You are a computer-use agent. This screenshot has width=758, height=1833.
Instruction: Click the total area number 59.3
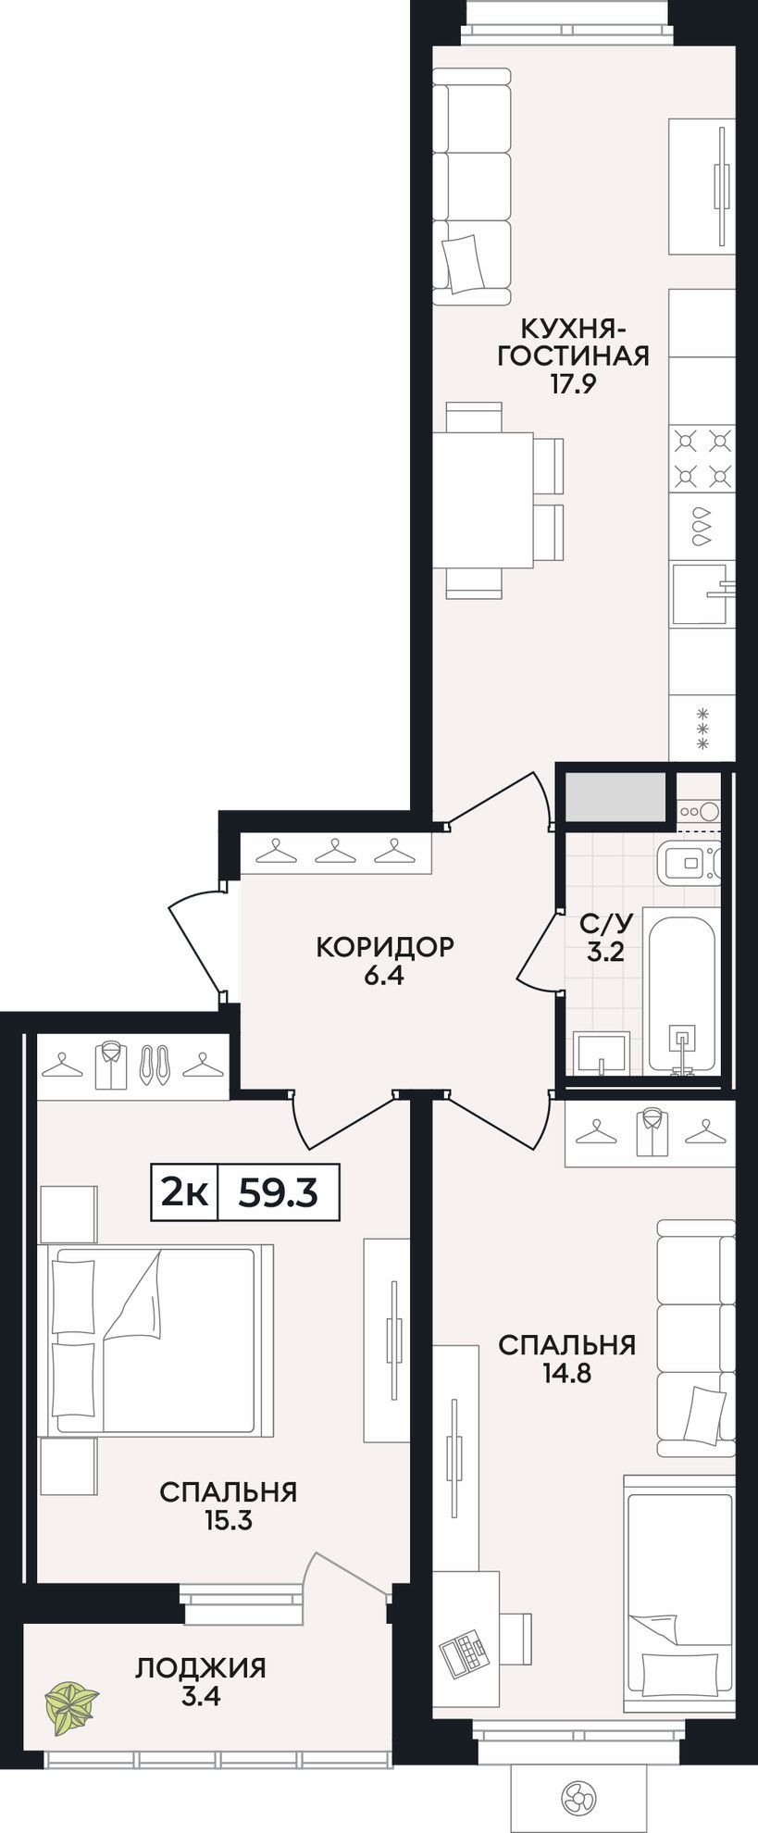tap(278, 1193)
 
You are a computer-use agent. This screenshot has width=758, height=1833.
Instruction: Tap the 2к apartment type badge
tap(184, 1193)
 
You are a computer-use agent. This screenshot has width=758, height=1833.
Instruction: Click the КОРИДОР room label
tap(385, 947)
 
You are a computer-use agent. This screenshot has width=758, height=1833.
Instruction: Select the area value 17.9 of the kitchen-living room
tap(572, 384)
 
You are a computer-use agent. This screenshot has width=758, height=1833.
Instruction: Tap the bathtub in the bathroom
tap(682, 993)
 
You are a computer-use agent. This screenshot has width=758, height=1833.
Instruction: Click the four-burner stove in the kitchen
tap(702, 458)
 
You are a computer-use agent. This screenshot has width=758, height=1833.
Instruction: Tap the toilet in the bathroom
tap(690, 865)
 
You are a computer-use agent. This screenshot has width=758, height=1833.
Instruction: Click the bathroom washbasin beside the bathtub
tap(602, 1054)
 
